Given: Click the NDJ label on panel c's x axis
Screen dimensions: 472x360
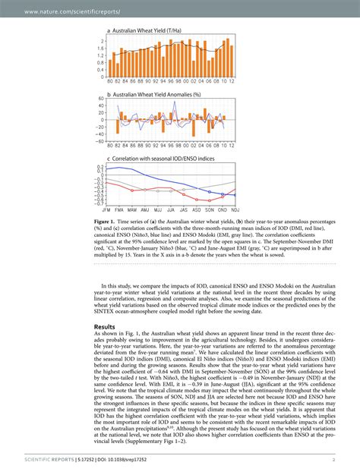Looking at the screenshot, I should click(235, 208).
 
